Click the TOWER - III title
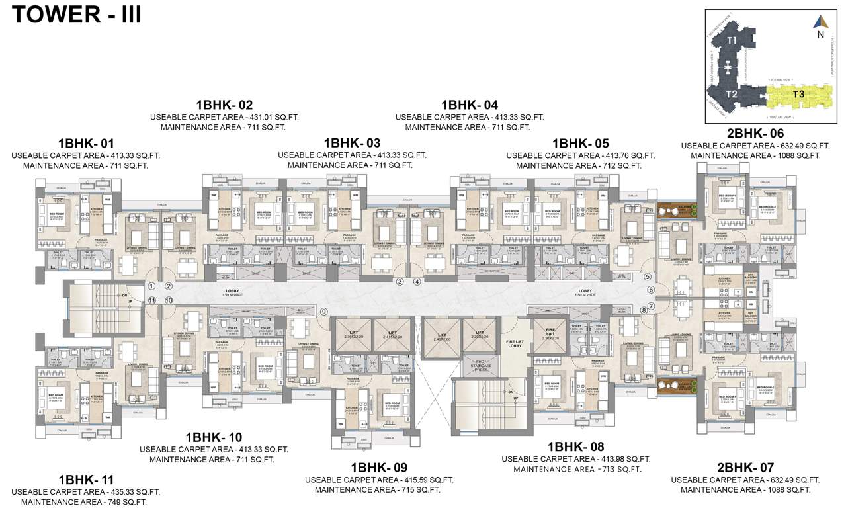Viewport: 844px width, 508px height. pos(77,14)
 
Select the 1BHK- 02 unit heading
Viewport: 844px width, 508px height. pos(224,105)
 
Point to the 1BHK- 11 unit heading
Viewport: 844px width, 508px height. pos(86,480)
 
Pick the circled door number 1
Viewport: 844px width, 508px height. pos(151,286)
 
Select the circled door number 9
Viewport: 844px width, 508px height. pos(324,312)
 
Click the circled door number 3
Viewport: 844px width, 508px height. pos(400,282)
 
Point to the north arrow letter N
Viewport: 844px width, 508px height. pos(821,35)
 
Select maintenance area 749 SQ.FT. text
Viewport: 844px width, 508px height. pos(120,502)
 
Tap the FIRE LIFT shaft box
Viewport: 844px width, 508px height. pos(550,334)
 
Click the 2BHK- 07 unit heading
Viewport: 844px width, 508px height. pos(745,468)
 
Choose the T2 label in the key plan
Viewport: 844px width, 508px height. pos(731,94)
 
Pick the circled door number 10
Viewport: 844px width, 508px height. pos(169,300)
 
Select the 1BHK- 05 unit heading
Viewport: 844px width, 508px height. pos(580,144)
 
